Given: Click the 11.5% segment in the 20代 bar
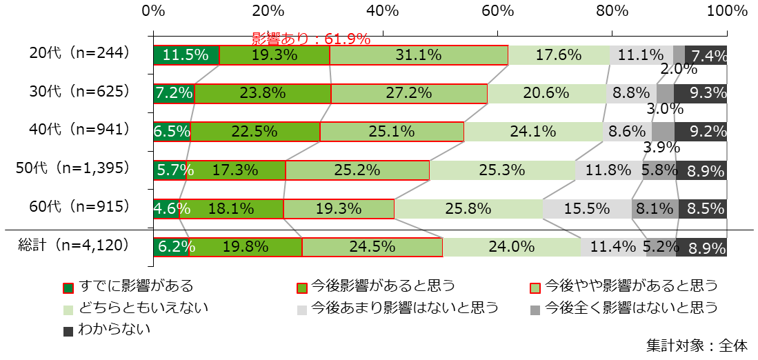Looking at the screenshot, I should click(186, 55).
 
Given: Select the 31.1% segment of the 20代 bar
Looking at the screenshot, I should click(419, 55).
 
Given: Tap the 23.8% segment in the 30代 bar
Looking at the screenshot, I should click(263, 93).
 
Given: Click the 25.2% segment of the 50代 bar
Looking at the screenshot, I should click(357, 170).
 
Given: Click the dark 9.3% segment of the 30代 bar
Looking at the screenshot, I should click(700, 93).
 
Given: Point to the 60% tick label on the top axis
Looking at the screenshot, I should click(498, 11).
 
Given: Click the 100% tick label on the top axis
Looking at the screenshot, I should click(727, 11).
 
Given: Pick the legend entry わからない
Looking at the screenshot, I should click(106, 330).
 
